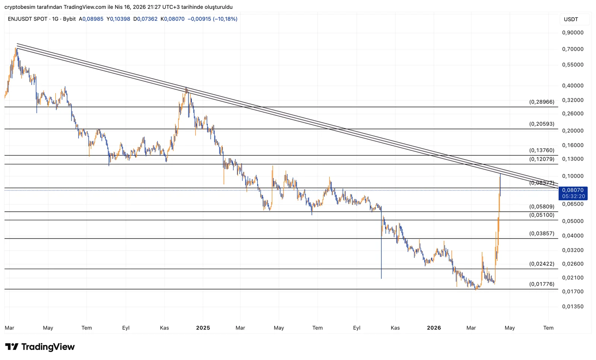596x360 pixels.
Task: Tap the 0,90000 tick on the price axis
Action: tap(573, 33)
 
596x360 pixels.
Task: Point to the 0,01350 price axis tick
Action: tap(573, 307)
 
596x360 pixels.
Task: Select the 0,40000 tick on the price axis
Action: tap(573, 86)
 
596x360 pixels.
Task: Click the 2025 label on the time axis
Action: tap(203, 328)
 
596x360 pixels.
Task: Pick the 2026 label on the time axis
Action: tap(434, 328)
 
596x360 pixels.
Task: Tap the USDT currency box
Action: tap(571, 19)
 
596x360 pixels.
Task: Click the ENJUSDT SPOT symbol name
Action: tap(28, 19)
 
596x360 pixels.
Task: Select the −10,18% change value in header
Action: tap(225, 19)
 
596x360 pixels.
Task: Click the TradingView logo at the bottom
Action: tap(40, 347)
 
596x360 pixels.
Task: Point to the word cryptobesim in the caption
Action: tap(20, 7)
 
